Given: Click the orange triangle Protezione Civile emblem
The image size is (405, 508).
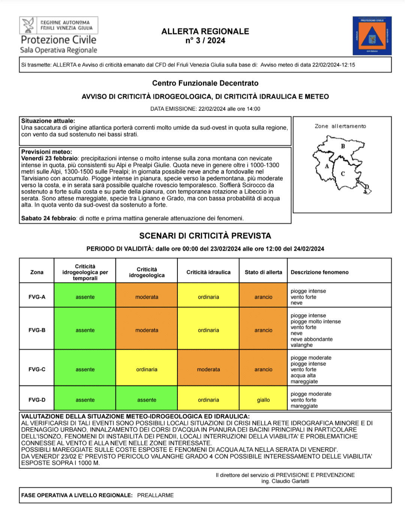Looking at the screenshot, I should [372, 37].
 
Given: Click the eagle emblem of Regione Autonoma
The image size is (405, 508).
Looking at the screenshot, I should [28, 25].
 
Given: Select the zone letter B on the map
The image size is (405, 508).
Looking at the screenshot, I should [343, 146].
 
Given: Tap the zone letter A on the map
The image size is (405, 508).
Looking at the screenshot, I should [327, 166].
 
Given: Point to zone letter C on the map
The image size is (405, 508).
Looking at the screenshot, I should [343, 174].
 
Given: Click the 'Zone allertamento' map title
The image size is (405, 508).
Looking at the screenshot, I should [340, 126].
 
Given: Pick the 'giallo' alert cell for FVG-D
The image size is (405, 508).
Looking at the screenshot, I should [263, 400].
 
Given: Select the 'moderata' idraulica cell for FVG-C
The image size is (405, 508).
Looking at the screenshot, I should [208, 369].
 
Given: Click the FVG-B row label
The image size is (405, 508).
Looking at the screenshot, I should [37, 330].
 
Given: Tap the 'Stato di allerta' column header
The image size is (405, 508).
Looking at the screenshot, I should [263, 272].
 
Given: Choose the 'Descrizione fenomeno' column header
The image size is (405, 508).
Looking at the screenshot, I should [319, 272].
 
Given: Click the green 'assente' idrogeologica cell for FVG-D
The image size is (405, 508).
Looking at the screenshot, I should [147, 400].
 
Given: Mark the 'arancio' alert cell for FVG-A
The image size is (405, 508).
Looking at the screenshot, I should [263, 297].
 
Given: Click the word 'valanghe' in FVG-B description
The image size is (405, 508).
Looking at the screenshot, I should [301, 345].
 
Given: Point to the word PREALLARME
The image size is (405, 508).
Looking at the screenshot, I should [155, 495].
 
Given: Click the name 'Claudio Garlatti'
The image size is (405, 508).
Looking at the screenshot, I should [290, 481].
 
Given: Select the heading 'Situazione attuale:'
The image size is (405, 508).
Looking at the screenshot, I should [48, 121].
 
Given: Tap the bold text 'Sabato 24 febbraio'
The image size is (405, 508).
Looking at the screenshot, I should [48, 218].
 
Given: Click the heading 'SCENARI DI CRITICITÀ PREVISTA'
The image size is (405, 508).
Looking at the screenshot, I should [205, 236].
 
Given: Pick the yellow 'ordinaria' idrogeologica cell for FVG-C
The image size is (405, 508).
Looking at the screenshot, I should [147, 369].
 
